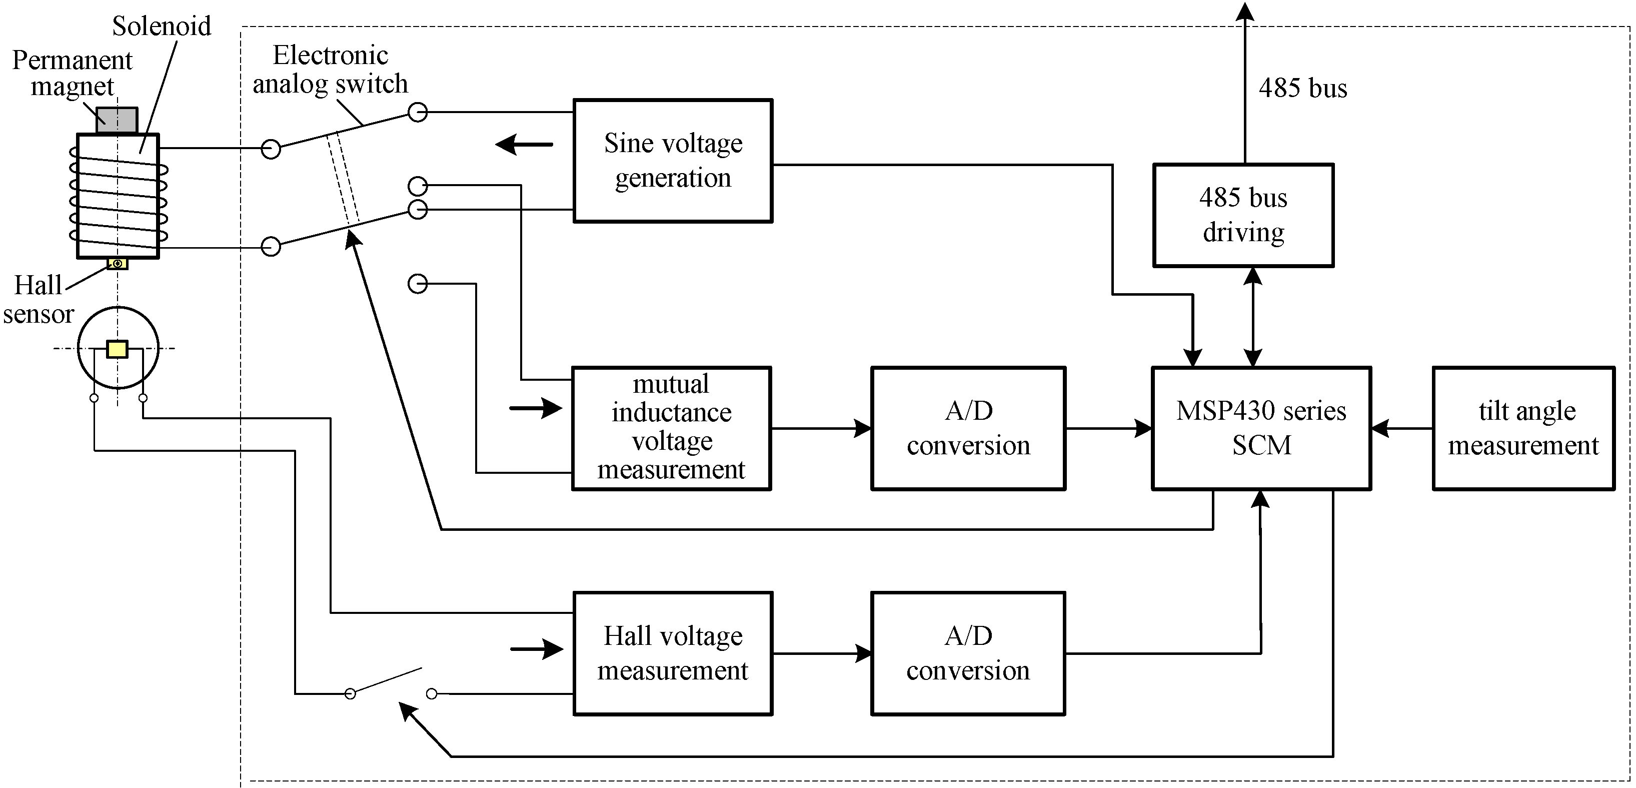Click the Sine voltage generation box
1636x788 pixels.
(x=673, y=161)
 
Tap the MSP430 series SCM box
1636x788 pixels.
(x=1261, y=428)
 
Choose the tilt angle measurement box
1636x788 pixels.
(x=1523, y=428)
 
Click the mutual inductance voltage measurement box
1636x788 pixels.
(x=671, y=428)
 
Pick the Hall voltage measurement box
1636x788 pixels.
(x=673, y=653)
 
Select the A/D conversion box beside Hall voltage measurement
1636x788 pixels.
(x=968, y=653)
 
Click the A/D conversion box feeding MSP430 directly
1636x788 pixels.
(x=968, y=428)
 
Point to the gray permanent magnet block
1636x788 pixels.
(x=117, y=121)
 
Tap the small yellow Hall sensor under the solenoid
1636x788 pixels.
(x=118, y=263)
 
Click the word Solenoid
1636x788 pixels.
(x=162, y=26)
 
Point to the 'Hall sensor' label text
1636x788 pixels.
(x=38, y=299)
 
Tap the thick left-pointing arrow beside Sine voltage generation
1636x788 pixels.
(x=524, y=145)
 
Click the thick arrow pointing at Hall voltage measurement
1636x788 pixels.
(x=537, y=649)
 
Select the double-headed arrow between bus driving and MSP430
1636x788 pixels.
(x=1252, y=317)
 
